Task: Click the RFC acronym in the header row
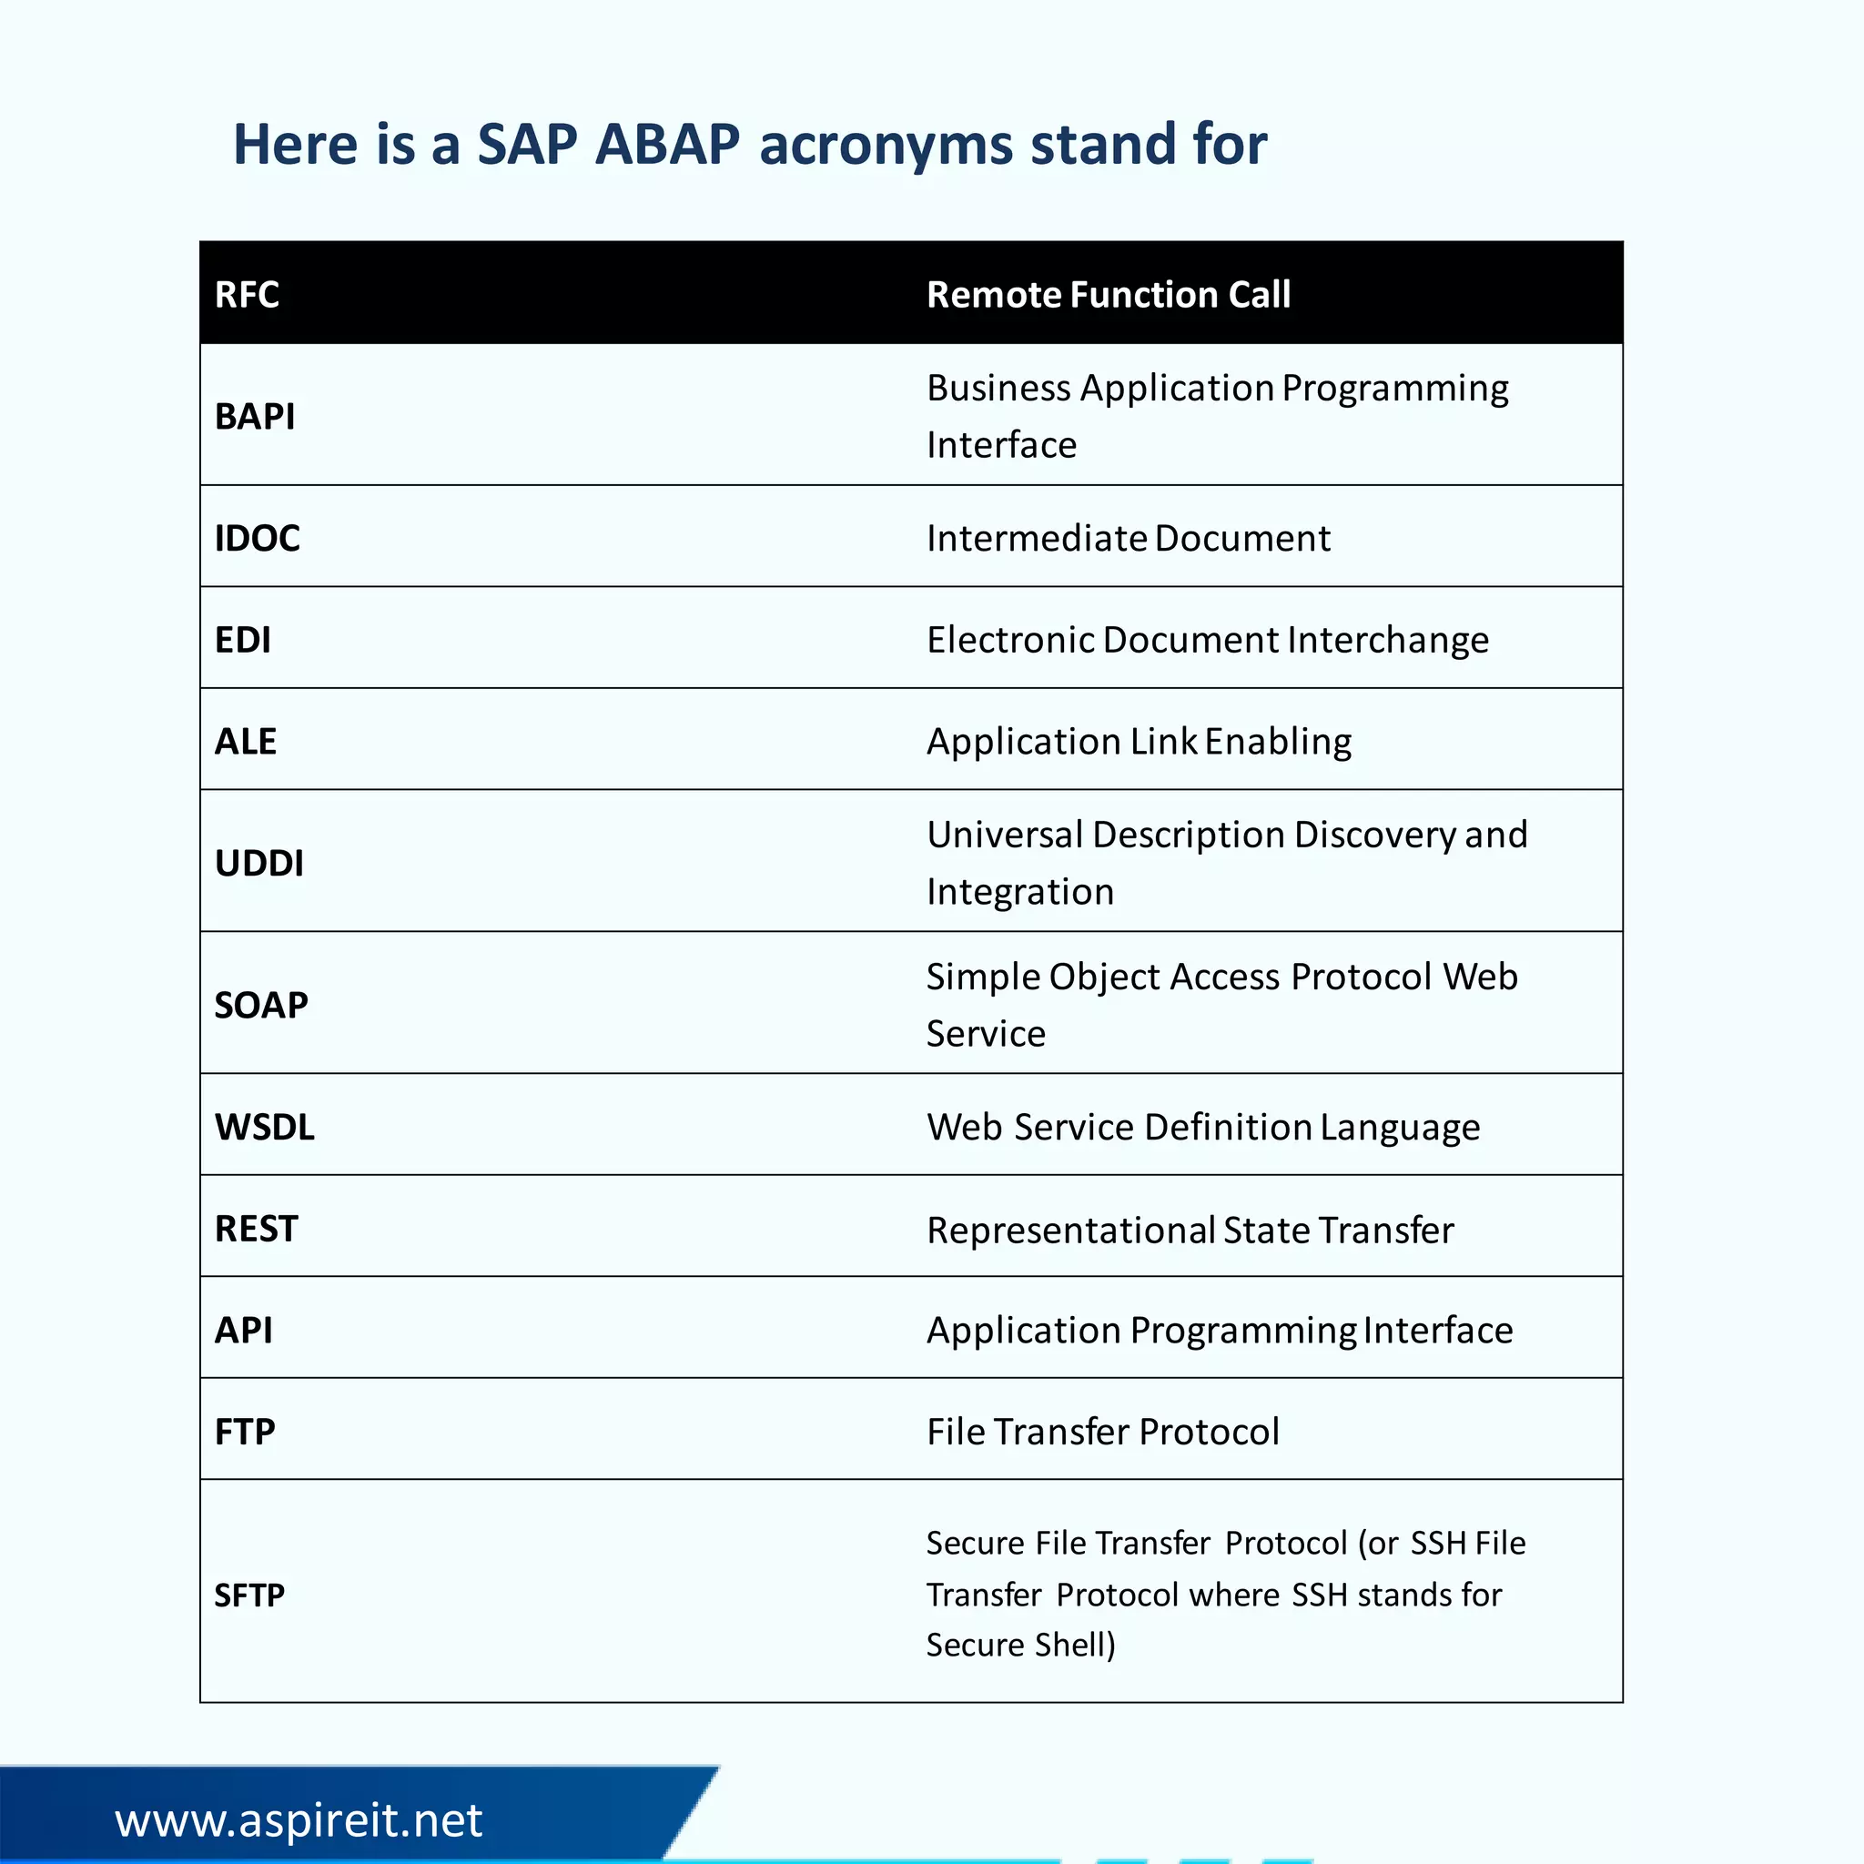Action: tap(247, 294)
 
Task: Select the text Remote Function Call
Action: tap(1108, 294)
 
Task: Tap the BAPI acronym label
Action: tap(255, 416)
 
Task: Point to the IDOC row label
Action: tap(257, 537)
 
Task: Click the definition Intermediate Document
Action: tap(1128, 537)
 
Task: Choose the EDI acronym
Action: tap(242, 640)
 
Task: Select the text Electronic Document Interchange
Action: tap(1207, 640)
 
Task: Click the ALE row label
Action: tap(245, 741)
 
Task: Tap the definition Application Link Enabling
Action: tap(1139, 741)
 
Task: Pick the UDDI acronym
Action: tap(258, 863)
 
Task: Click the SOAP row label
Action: tap(260, 1005)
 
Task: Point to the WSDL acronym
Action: tap(264, 1127)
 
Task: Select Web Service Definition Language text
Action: tap(1202, 1127)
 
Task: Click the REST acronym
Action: tap(256, 1228)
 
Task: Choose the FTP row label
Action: tap(244, 1431)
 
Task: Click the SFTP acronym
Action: tap(248, 1595)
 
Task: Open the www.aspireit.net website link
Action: tap(299, 1819)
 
